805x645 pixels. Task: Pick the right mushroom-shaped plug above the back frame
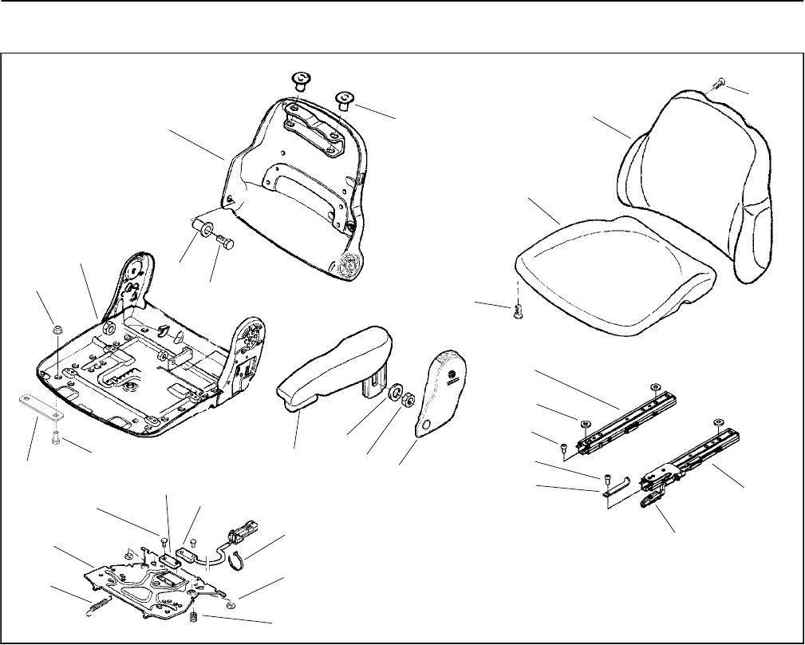[345, 99]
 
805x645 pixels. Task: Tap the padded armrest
[335, 363]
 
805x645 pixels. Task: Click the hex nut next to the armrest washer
[404, 398]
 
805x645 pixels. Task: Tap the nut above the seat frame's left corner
[58, 330]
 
